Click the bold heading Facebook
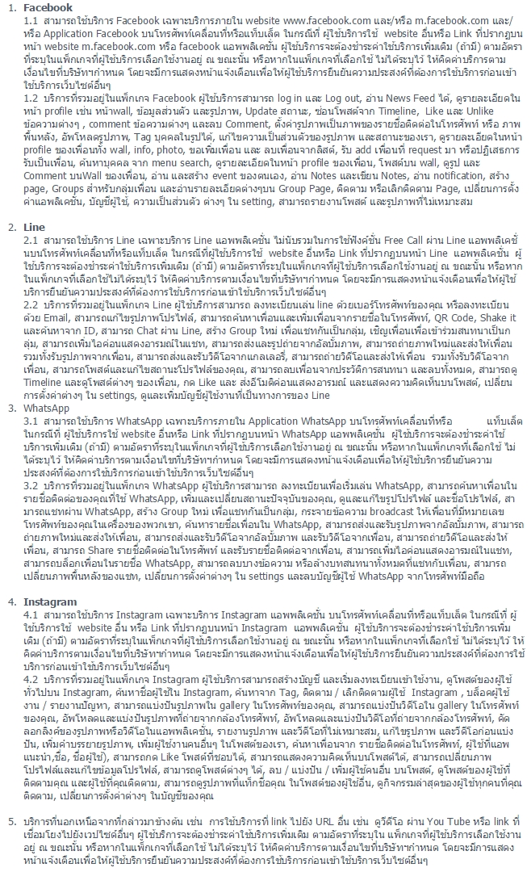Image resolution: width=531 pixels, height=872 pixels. (x=48, y=7)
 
